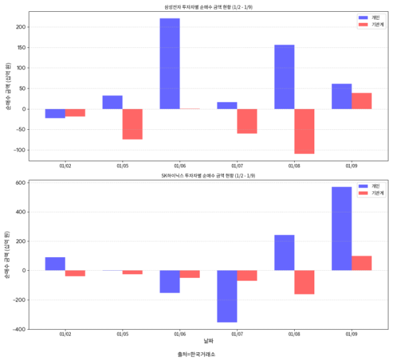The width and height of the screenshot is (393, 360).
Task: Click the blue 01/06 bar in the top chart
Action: [170, 64]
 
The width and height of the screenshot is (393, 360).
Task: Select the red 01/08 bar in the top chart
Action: [305, 131]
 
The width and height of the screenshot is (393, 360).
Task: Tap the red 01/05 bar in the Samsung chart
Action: [132, 124]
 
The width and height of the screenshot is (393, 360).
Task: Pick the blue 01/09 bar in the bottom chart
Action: [341, 229]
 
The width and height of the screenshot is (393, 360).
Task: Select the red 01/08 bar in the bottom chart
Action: [305, 282]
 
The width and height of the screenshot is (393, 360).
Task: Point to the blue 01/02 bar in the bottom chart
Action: [55, 264]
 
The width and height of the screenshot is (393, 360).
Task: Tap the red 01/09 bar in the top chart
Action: [362, 101]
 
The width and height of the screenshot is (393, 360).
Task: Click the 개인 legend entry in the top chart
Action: [371, 17]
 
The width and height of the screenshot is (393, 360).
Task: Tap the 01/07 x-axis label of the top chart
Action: [237, 165]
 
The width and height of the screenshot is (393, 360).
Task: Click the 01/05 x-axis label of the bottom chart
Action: [122, 334]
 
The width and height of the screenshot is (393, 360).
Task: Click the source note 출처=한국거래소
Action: [196, 354]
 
